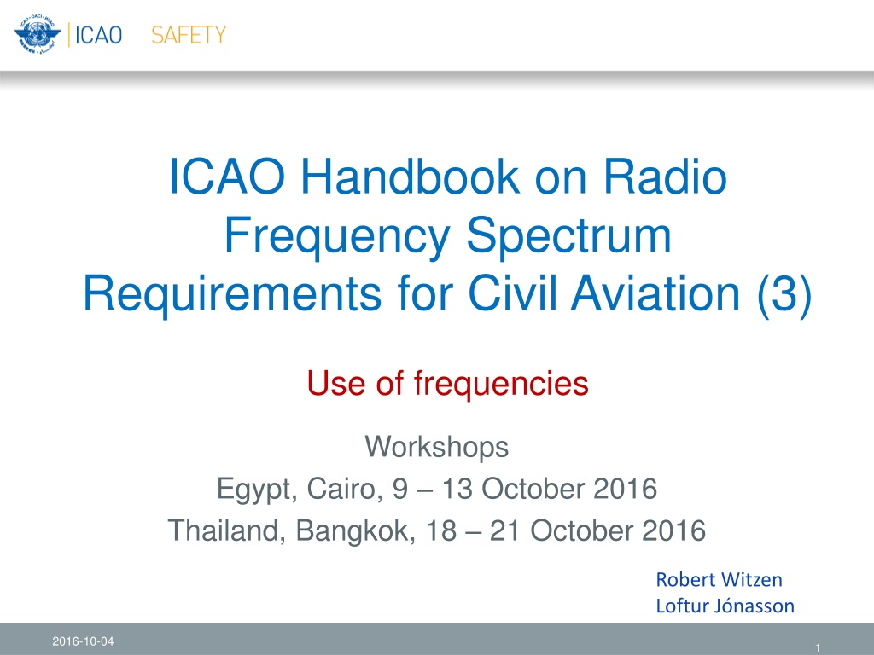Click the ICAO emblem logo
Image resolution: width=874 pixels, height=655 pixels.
click(x=38, y=34)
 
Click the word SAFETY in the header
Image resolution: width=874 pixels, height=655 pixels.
click(x=189, y=35)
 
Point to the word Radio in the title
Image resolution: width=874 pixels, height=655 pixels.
click(x=665, y=177)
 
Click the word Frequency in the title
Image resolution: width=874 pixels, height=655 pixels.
click(x=337, y=235)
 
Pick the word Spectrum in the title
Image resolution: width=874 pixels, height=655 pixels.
click(x=568, y=237)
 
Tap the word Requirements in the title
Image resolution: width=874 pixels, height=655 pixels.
click(x=232, y=293)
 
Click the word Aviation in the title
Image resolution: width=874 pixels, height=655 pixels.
click(x=655, y=293)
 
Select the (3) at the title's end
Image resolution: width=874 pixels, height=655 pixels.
click(x=784, y=294)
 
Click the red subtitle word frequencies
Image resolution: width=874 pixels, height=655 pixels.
click(x=500, y=385)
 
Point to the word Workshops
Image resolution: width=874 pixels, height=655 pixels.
click(x=436, y=447)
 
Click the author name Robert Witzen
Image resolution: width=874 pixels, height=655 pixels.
click(x=719, y=580)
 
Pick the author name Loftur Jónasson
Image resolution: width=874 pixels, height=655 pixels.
click(x=725, y=606)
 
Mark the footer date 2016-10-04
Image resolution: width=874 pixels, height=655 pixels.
click(x=83, y=641)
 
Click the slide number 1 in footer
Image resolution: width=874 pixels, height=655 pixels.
click(x=818, y=648)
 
